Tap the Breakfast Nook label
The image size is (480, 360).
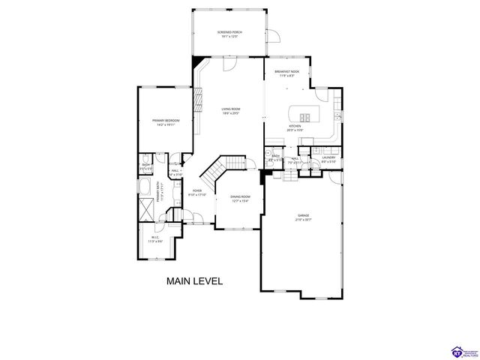pos(283,72)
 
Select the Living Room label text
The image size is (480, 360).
pos(230,110)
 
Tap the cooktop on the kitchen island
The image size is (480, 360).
pos(306,116)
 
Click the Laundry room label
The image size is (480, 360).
pos(328,158)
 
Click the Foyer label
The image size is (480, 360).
pos(197,191)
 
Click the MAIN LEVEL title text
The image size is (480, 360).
pos(194,281)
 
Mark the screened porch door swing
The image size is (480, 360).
pos(273,35)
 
